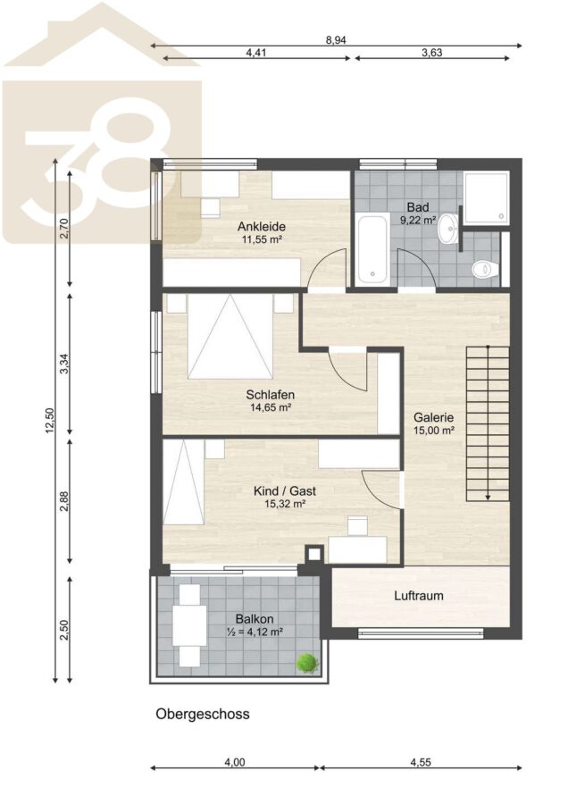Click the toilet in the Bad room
484,269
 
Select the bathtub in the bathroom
372,250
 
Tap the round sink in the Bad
448,228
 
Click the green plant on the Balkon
307,663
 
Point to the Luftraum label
419,596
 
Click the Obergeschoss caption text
203,714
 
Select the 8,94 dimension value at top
336,40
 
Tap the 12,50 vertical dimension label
49,421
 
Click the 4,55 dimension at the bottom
421,762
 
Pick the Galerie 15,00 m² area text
434,424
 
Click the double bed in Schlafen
230,336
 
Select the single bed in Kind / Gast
183,482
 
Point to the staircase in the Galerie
488,423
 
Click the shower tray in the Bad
487,198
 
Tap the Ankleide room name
262,226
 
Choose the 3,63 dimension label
431,53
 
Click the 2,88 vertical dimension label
64,501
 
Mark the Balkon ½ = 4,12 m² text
255,625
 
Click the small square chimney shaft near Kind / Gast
314,554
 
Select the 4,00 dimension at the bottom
235,762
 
